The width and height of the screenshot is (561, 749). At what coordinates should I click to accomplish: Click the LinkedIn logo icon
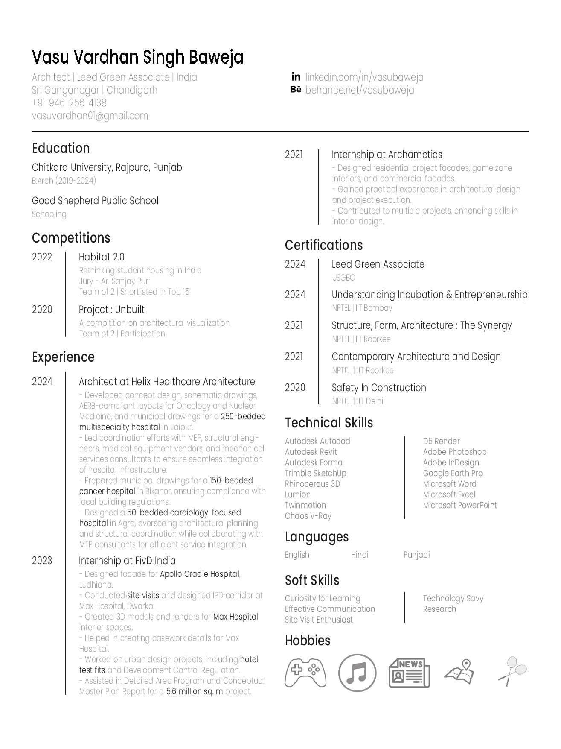tap(296, 77)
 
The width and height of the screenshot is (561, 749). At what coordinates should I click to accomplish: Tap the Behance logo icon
tap(296, 90)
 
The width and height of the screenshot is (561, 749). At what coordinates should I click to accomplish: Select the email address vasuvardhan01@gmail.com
tap(90, 116)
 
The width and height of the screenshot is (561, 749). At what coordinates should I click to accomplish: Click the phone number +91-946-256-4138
tap(69, 103)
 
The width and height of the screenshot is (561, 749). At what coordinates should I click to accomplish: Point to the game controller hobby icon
tap(305, 673)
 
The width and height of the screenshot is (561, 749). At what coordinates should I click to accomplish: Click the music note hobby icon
tap(357, 673)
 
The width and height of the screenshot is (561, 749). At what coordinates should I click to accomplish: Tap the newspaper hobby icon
tap(409, 673)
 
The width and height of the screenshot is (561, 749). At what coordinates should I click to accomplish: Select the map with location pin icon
tap(459, 672)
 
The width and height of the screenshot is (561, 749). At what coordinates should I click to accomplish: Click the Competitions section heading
tap(71, 238)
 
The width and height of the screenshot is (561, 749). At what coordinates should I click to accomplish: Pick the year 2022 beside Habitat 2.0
tap(42, 257)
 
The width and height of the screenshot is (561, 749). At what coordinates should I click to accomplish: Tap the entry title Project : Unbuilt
tap(111, 310)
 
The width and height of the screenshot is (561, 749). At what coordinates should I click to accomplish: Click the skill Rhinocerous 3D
tap(312, 484)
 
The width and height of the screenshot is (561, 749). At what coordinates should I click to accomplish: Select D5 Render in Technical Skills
tap(441, 441)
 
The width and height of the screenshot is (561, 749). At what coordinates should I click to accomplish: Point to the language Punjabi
tap(416, 555)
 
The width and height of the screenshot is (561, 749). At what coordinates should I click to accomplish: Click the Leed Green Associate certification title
tap(378, 264)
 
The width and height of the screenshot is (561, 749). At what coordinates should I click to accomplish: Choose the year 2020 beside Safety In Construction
tap(295, 388)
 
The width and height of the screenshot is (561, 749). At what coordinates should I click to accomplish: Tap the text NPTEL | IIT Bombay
tap(362, 308)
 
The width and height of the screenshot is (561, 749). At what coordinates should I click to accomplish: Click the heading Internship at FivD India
tap(127, 561)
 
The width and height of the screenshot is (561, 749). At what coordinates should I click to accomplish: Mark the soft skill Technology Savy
tap(453, 598)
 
